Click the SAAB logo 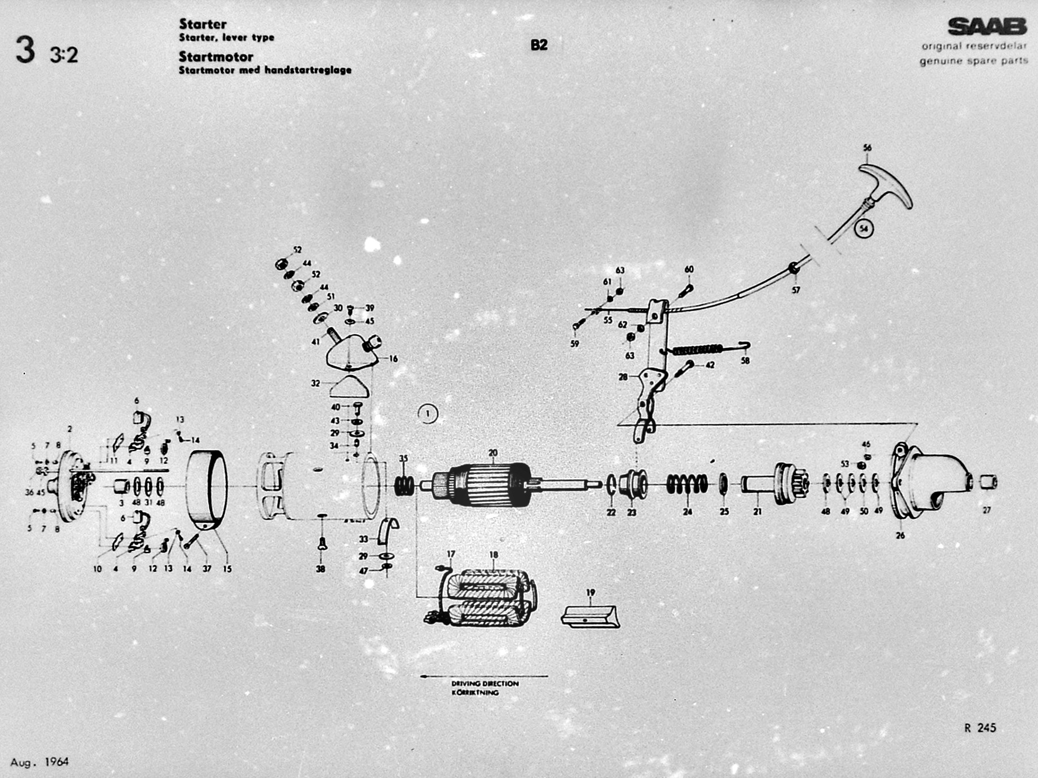(x=987, y=26)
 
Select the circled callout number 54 (x=864, y=229)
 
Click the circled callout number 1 (x=428, y=414)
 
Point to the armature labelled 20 (x=485, y=482)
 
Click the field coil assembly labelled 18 (x=485, y=598)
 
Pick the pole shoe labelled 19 (x=590, y=615)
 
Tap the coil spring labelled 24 (x=687, y=484)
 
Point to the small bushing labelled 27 (x=987, y=482)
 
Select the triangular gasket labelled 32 (x=349, y=387)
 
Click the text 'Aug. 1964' (x=39, y=762)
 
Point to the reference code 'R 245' (x=980, y=728)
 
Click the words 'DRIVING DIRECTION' (x=485, y=683)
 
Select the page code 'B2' (x=539, y=45)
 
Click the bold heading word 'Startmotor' (x=216, y=56)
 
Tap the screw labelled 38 (x=322, y=544)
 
